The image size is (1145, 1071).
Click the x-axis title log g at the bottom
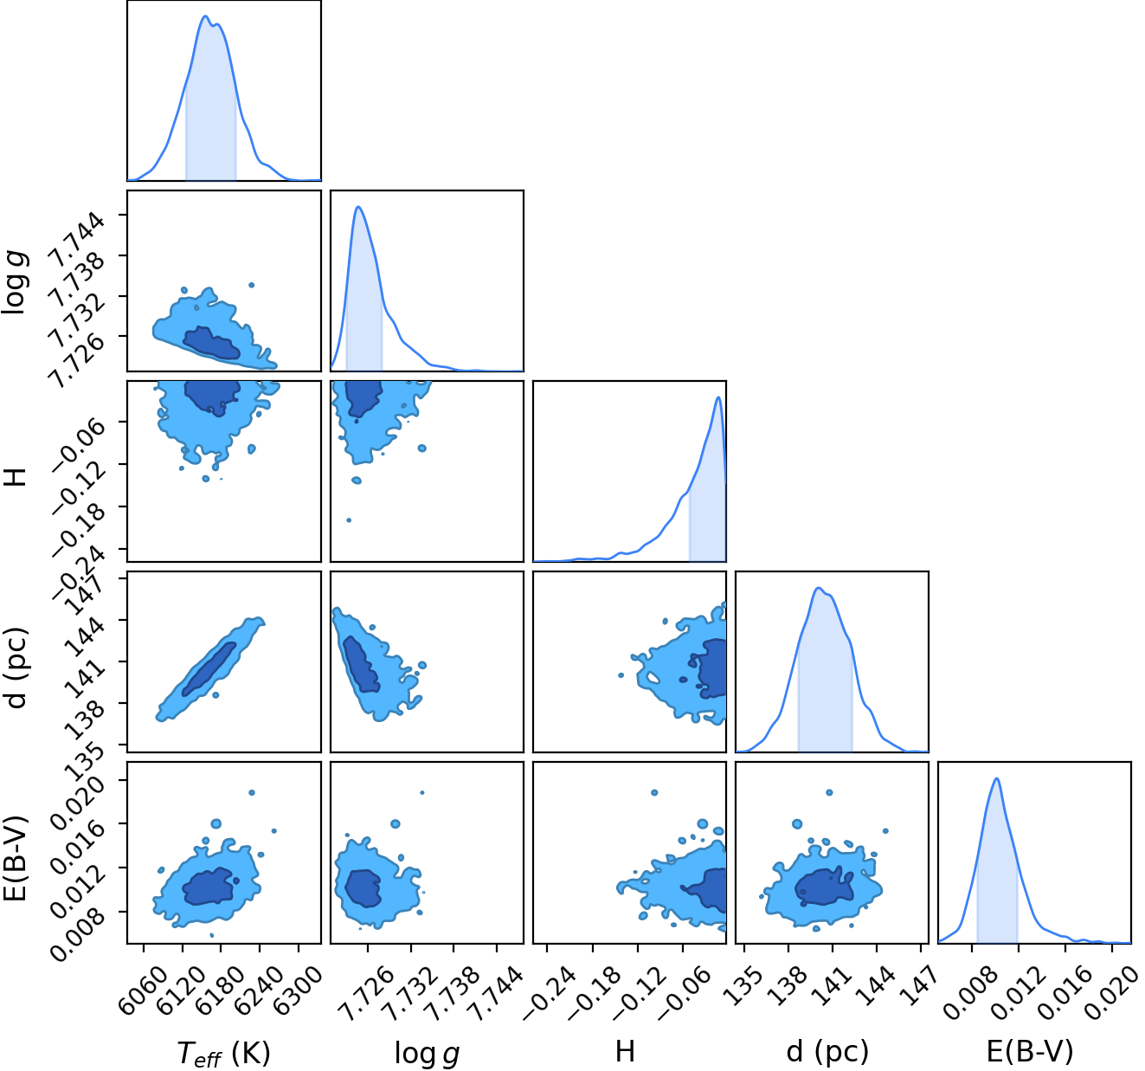pos(427,1053)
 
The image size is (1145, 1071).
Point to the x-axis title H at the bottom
pos(626,1051)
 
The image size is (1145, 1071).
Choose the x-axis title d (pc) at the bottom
pos(827,1051)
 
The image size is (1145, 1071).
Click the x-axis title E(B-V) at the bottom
pos(1030,1051)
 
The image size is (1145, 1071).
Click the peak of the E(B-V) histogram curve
pos(996,778)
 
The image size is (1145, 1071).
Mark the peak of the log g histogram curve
pos(358,207)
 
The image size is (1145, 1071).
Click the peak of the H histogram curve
pos(717,397)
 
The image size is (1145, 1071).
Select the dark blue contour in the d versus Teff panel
pos(209,669)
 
